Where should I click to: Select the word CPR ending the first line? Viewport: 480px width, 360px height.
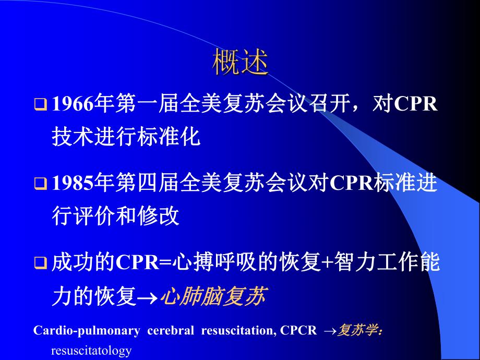click(416, 105)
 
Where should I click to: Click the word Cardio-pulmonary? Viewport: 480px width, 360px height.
click(87, 330)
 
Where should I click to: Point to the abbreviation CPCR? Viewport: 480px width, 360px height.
click(298, 330)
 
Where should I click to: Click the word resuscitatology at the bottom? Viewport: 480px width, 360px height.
click(91, 350)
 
